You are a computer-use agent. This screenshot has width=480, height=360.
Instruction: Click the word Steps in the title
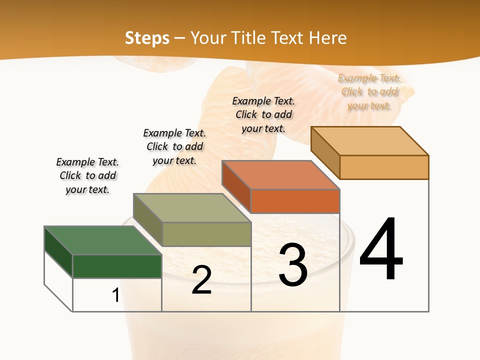tap(146, 38)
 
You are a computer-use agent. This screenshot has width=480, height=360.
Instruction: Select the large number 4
tap(381, 250)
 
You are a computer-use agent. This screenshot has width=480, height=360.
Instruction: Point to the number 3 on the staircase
tap(293, 265)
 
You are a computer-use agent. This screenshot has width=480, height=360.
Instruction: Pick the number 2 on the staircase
tap(201, 280)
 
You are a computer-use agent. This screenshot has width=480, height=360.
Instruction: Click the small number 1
tap(115, 295)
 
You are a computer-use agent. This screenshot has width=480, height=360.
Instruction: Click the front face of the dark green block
tap(117, 266)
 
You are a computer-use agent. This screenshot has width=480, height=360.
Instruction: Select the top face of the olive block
tap(192, 208)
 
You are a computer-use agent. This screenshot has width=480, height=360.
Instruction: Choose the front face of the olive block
tap(206, 234)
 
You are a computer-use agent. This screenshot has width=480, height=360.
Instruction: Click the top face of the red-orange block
tap(280, 175)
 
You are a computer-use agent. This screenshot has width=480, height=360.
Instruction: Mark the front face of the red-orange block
tap(295, 201)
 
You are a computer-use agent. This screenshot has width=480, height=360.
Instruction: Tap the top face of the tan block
tap(369, 141)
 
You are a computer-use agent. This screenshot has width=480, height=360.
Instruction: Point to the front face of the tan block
tap(384, 167)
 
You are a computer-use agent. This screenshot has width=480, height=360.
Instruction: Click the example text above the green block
tap(87, 175)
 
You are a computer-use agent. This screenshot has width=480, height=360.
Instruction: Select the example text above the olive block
tap(174, 146)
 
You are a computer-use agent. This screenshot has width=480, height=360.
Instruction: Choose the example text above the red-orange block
tap(263, 114)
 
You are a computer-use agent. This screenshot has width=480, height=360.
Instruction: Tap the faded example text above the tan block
tap(369, 91)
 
